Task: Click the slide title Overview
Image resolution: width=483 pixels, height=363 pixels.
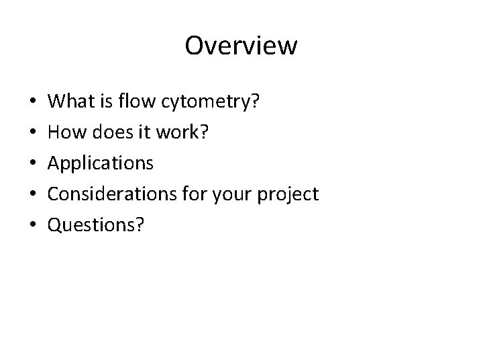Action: [x=241, y=46]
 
